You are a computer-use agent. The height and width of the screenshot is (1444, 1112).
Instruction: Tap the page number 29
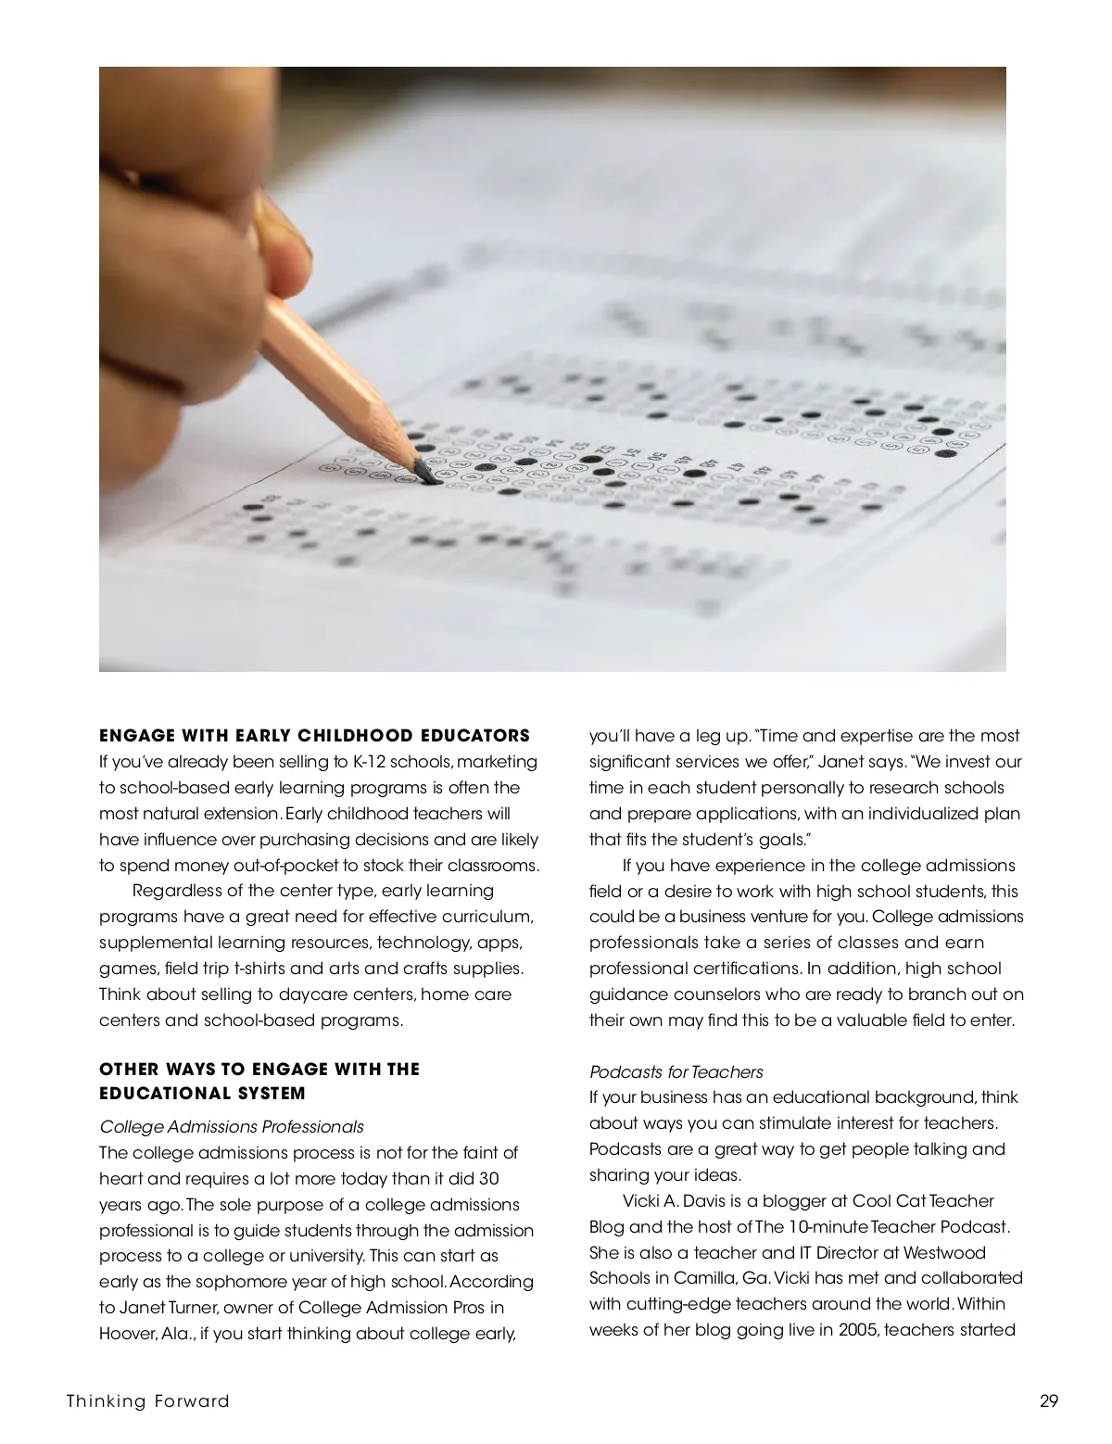pyautogui.click(x=1048, y=1400)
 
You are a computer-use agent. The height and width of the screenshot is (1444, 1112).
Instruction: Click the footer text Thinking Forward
pyautogui.click(x=147, y=1400)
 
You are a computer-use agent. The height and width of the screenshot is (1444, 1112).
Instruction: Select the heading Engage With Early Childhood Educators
pyautogui.click(x=314, y=736)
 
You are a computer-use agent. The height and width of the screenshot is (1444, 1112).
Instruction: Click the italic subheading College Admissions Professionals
pyautogui.click(x=231, y=1127)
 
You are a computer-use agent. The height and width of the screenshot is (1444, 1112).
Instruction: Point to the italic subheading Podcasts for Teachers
pyautogui.click(x=676, y=1072)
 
